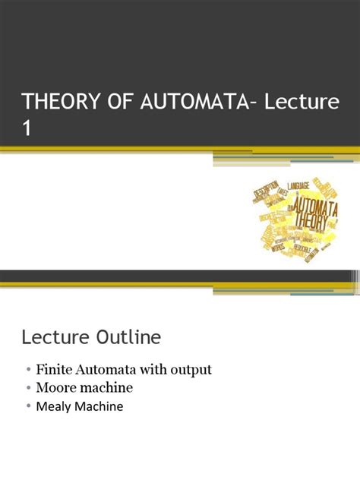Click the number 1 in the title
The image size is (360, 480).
27,128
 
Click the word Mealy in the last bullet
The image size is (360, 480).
52,406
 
